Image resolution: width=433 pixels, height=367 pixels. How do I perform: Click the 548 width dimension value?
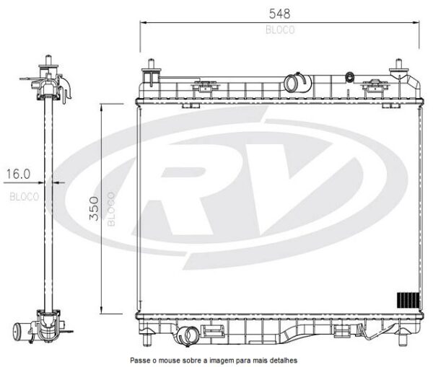(279, 14)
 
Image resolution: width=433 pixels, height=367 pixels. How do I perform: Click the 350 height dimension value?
(94, 208)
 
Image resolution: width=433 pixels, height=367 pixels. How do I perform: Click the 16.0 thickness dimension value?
(18, 174)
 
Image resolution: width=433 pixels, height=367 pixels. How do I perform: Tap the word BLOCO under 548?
(280, 30)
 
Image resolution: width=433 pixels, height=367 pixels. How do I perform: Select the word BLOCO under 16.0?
(25, 197)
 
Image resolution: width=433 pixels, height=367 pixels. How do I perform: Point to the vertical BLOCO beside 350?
(111, 209)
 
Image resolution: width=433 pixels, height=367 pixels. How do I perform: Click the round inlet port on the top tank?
(291, 84)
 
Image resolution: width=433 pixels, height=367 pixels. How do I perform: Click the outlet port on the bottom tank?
(190, 335)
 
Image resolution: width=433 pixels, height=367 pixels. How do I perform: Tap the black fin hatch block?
(408, 300)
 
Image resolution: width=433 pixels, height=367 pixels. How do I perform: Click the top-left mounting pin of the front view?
(151, 63)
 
